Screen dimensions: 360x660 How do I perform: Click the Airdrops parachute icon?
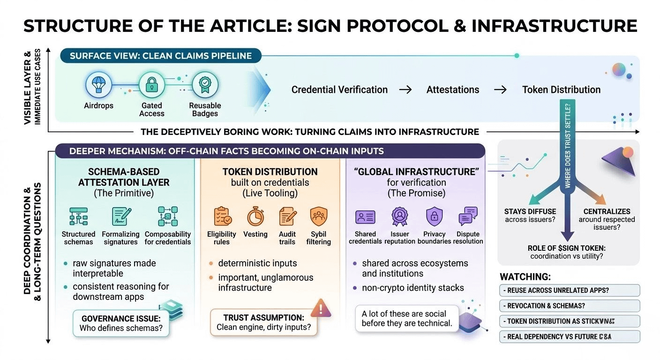coord(99,85)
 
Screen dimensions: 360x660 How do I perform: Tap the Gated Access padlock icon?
coord(152,85)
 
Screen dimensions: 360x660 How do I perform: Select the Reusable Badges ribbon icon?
coord(205,85)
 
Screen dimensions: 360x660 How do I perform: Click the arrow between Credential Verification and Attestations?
coord(405,90)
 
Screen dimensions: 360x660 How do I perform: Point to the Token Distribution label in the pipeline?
coord(561,90)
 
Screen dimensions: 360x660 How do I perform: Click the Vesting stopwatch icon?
coord(255,217)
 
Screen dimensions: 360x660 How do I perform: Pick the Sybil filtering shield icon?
coord(318,217)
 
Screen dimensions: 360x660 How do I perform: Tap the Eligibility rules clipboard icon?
coord(222,217)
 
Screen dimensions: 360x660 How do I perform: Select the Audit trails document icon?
coord(287,217)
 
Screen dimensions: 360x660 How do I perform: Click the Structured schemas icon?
coord(78,217)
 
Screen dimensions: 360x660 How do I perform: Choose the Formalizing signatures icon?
coord(120,217)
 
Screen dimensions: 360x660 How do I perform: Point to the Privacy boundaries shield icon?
coord(434,217)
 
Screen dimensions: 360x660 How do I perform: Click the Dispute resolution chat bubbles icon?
coord(468,217)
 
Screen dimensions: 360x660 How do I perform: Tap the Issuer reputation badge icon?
coord(400,217)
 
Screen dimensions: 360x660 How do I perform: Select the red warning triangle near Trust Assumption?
coord(321,308)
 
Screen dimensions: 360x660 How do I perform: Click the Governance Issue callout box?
coord(121,323)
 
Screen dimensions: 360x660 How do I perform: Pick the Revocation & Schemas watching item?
coord(569,306)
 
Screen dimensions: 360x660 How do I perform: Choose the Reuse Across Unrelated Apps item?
coord(569,290)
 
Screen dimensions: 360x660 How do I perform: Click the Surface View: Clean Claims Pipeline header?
coord(160,56)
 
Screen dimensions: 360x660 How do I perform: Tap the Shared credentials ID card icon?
coord(365,217)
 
